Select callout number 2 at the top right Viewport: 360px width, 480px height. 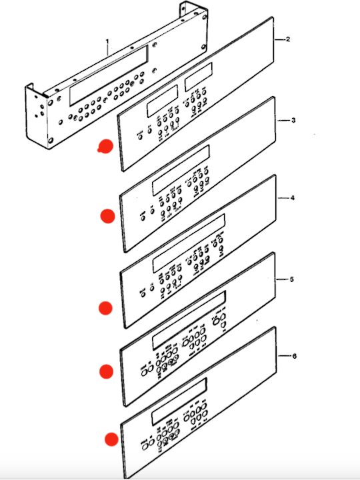coord(288,40)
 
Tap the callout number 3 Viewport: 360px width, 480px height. coord(293,121)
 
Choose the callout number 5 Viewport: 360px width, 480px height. coord(292,279)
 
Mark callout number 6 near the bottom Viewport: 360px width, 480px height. coord(294,356)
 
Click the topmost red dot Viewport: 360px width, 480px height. coord(104,147)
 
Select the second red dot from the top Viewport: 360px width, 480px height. coord(107,215)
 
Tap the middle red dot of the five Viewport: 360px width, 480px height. coord(105,307)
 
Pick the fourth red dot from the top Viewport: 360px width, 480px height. coord(106,371)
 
